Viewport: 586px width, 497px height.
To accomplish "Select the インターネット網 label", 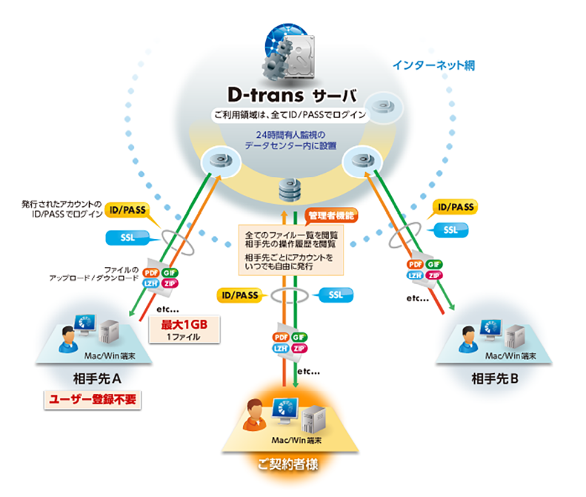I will click(433, 65).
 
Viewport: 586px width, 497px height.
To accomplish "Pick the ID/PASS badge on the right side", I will click(456, 207).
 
